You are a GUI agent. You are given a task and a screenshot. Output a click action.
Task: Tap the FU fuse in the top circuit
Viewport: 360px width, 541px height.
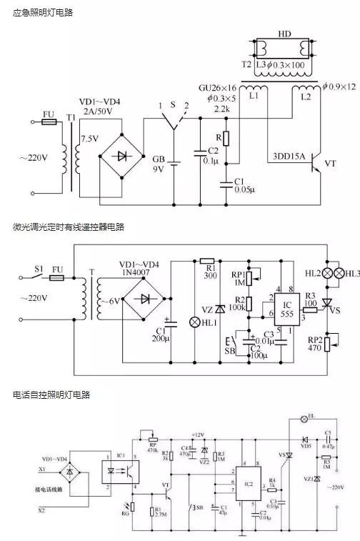click(49, 122)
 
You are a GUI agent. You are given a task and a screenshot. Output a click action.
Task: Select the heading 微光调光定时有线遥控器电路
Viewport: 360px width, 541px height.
click(69, 227)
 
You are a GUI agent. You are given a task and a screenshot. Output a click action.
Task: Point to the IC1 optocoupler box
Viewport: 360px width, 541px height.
click(118, 472)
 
